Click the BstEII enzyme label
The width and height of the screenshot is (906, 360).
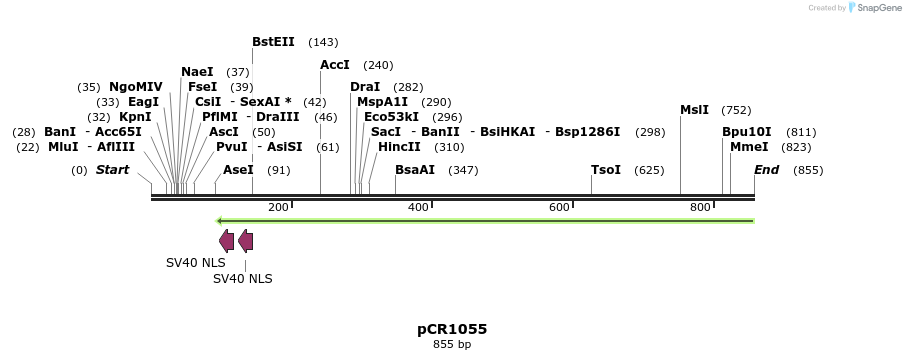[x=273, y=42]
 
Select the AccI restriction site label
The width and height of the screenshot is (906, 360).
[x=334, y=65]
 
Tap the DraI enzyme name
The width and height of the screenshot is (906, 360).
[x=365, y=87]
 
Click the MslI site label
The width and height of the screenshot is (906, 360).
[x=694, y=110]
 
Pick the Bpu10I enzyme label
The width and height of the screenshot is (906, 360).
[x=747, y=132]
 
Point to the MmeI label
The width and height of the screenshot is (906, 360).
[x=749, y=147]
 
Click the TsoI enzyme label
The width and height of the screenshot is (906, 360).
[x=606, y=170]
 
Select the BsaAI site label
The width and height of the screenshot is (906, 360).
[x=415, y=170]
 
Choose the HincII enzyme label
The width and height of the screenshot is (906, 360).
[x=399, y=147]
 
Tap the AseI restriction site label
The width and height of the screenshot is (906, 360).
[x=238, y=170]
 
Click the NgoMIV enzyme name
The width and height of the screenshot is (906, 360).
[x=135, y=87]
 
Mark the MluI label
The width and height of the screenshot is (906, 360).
[x=62, y=147]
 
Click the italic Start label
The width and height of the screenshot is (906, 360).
[x=112, y=170]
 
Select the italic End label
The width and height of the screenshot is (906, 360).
[x=766, y=170]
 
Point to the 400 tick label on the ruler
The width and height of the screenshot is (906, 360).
[x=418, y=207]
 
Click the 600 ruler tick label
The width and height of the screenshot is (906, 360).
[x=559, y=207]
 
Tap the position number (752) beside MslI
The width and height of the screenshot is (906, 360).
[x=736, y=110]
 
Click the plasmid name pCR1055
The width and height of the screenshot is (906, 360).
[x=452, y=329]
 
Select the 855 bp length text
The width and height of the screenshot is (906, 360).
[x=452, y=345]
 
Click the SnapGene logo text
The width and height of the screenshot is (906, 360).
[x=878, y=8]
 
